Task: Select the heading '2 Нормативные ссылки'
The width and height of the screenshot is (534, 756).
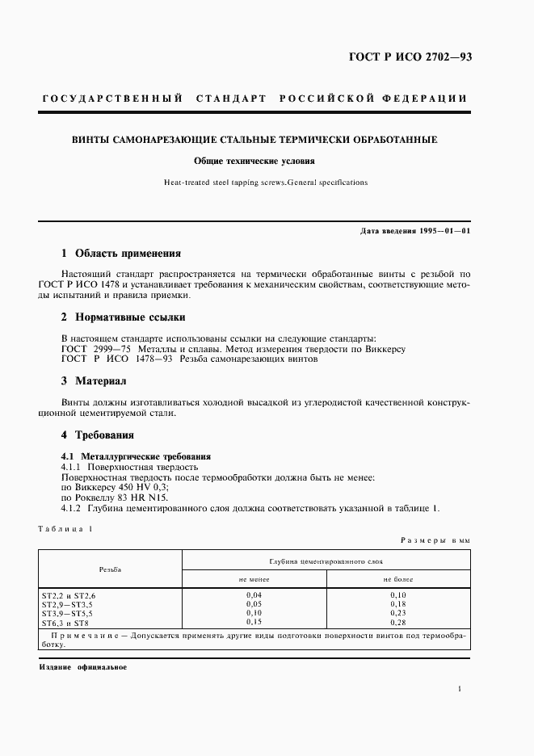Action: tap(124, 317)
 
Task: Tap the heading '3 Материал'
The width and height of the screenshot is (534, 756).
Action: tap(95, 380)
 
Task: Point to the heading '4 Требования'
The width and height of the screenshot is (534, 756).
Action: tap(99, 435)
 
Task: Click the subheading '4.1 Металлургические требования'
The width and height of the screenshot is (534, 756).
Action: tap(136, 456)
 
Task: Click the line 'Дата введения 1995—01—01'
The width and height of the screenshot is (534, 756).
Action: tap(415, 232)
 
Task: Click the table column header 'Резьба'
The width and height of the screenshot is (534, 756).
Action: tap(111, 569)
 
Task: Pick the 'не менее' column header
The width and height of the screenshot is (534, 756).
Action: tap(254, 579)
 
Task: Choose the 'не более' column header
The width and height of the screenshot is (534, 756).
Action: tap(397, 579)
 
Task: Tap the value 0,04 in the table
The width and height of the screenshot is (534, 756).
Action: tap(254, 594)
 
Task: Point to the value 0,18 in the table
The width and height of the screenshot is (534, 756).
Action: tap(397, 603)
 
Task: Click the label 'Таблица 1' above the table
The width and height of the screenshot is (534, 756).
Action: tap(65, 528)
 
